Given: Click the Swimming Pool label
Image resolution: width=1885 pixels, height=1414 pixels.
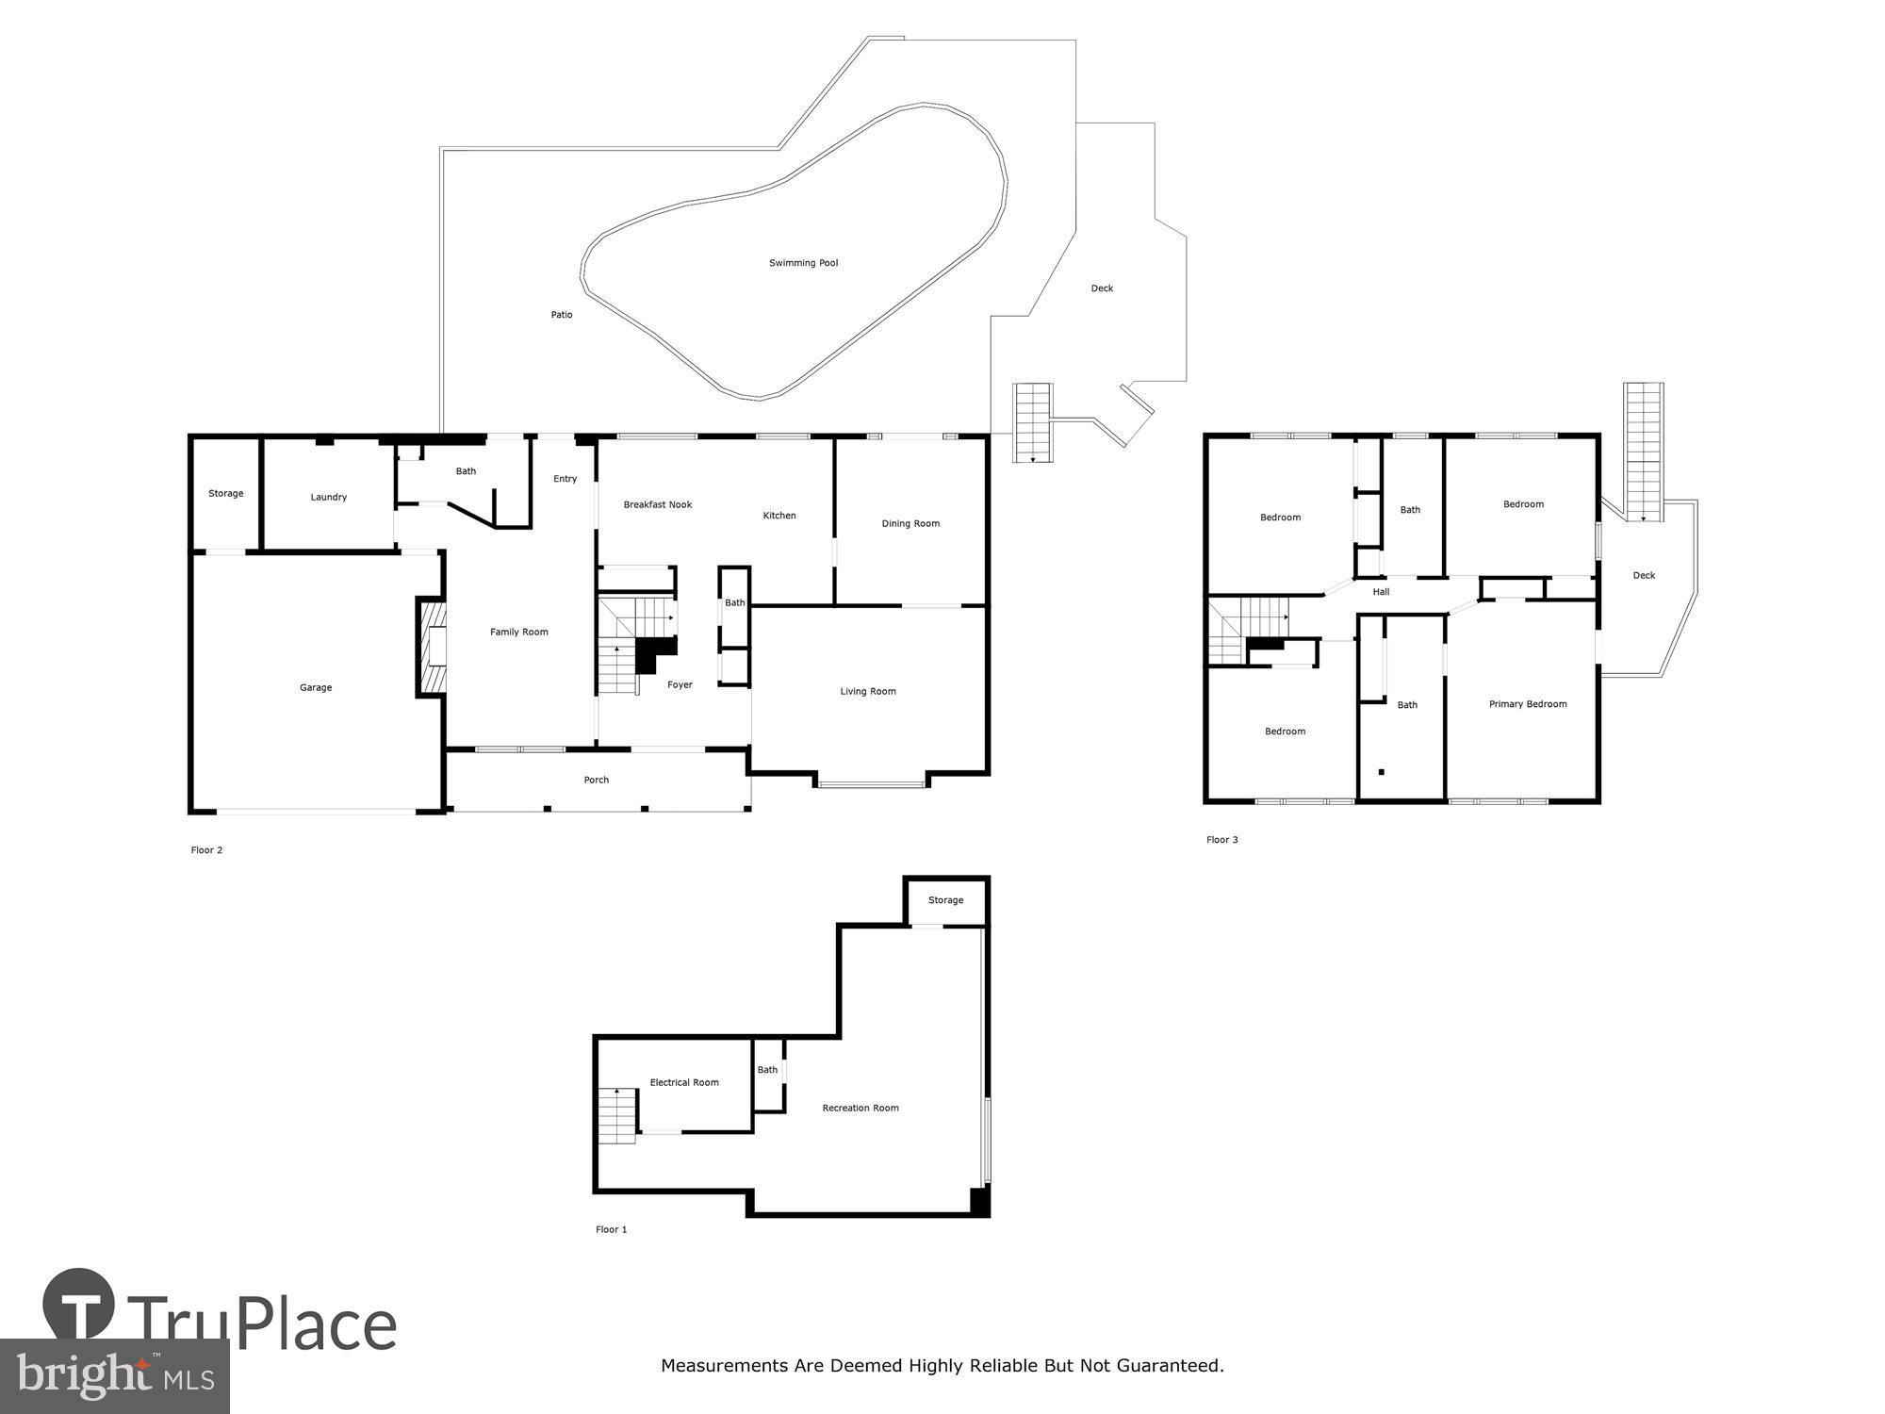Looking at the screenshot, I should coord(803,263).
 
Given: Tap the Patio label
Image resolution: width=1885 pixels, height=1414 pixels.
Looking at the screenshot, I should coord(562,315).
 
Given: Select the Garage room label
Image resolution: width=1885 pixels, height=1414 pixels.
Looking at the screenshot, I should coord(316,688).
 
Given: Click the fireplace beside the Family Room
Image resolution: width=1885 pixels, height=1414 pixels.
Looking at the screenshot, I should coord(433,647).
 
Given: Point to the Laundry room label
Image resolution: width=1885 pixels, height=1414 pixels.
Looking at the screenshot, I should coord(329,497).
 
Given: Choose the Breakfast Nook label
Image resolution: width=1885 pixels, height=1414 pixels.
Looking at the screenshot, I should coord(658,504).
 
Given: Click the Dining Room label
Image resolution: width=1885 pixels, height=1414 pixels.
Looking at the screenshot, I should coord(910,523).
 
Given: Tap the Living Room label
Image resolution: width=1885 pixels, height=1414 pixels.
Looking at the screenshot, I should coord(868,691).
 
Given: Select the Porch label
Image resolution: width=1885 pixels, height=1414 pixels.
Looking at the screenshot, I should coord(597,780).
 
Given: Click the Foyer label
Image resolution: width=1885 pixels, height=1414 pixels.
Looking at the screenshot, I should coord(680,684).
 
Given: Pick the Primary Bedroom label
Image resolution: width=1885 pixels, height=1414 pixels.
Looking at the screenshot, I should coord(1528,704).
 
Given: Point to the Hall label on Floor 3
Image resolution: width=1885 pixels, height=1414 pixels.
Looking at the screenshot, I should coord(1381,592).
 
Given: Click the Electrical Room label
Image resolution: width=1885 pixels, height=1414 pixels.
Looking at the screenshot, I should coord(684,1082).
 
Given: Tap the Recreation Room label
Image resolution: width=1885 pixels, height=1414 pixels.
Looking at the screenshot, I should coord(861,1108).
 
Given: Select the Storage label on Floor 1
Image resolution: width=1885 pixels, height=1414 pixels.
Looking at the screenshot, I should coord(945,900).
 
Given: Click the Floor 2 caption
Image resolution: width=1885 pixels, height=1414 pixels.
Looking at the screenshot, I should coord(206,850).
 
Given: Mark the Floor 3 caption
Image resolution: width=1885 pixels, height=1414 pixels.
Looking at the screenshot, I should coord(1222,840).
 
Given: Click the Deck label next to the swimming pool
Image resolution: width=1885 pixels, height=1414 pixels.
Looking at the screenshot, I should coord(1102,288).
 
